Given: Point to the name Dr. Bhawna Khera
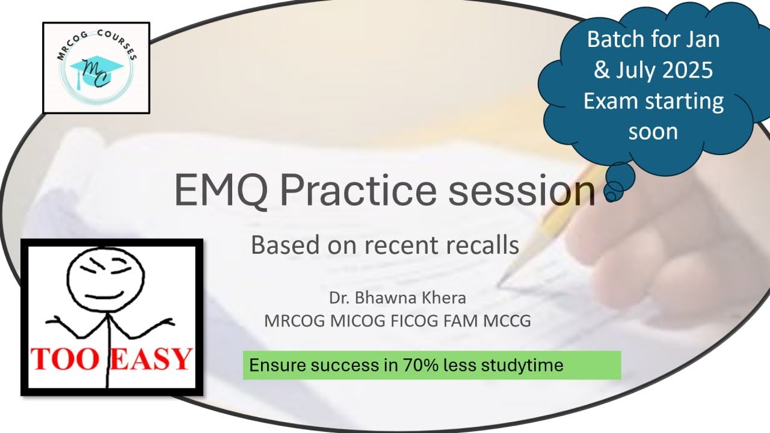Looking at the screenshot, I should tap(396, 298).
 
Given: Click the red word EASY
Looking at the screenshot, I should tap(152, 359).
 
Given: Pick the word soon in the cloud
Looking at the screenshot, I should tap(653, 131).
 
